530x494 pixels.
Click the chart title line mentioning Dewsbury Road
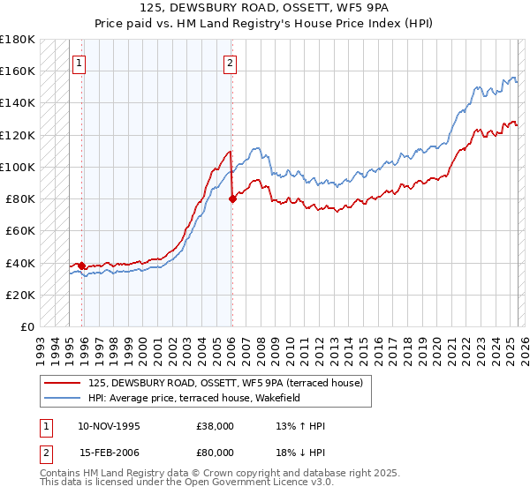[264, 7]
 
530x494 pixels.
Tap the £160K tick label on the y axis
[18, 71]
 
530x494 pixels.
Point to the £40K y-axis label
[20, 263]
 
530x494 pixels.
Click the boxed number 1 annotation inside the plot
[80, 63]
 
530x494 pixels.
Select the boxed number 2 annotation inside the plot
[230, 63]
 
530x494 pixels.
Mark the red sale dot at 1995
[81, 266]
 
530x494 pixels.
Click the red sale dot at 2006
[232, 198]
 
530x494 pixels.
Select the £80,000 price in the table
[216, 452]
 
